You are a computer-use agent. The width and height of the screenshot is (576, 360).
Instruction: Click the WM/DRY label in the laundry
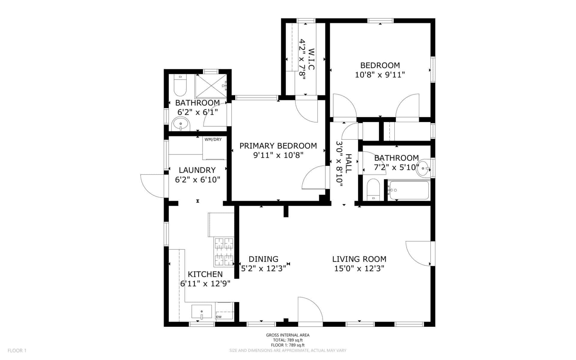(213, 139)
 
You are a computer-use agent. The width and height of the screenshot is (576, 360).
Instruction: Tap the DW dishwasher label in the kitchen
(219, 317)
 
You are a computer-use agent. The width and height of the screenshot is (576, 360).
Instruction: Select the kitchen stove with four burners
(223, 252)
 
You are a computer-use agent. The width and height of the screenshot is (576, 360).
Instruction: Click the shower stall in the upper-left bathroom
(211, 86)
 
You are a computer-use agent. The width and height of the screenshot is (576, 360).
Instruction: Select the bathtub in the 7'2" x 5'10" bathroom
(409, 190)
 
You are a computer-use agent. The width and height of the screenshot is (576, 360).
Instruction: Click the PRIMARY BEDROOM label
(278, 146)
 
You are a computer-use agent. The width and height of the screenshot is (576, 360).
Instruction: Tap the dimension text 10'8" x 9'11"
(380, 75)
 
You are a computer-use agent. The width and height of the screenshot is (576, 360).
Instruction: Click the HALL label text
(348, 163)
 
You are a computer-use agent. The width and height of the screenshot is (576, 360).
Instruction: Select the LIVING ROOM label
(359, 259)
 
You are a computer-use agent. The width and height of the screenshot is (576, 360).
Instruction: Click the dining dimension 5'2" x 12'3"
(263, 268)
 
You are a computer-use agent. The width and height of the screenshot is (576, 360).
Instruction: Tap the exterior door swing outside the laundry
(152, 186)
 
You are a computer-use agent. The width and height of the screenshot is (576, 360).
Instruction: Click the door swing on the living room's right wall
(418, 253)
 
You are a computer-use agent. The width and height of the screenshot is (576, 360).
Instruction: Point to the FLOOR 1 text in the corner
(17, 350)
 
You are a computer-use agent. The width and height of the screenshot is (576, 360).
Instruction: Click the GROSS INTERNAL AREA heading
(288, 335)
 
